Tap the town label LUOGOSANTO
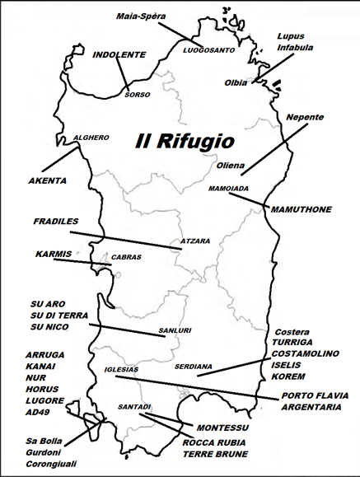(208, 50)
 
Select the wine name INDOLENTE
(119, 55)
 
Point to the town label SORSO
(138, 95)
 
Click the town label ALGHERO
(91, 138)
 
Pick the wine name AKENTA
(47, 180)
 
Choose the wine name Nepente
(305, 118)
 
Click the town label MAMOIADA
(228, 189)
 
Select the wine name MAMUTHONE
(301, 209)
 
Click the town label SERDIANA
(194, 366)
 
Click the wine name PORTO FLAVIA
(311, 396)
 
